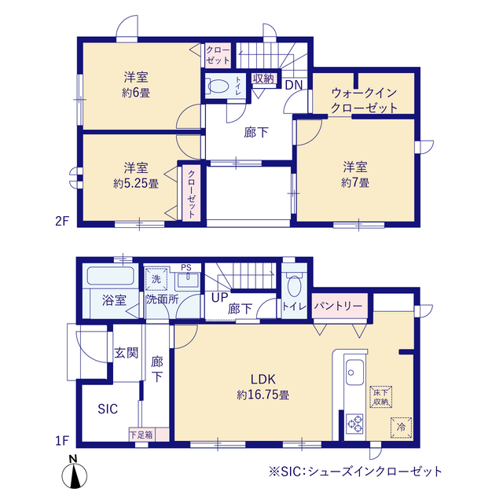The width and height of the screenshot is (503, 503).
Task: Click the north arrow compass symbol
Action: pos(75,474)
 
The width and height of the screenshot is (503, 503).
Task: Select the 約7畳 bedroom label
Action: pos(355,174)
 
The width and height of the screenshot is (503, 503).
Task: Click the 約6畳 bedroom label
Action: pos(136,84)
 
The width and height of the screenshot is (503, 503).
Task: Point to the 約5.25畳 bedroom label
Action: pos(136,175)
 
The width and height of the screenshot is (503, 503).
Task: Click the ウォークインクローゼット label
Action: pos(364,101)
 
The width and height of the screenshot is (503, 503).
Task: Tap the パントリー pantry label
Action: pos(339,305)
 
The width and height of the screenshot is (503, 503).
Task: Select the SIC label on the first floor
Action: pos(108,409)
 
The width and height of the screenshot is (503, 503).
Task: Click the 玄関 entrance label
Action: pos(126,353)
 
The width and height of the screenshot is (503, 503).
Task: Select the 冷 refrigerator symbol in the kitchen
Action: pos(400,428)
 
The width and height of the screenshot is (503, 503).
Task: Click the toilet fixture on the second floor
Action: pos(221,87)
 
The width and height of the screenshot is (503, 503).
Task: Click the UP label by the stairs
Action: pos(218,299)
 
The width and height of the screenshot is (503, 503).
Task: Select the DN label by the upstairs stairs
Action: pos(293,84)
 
